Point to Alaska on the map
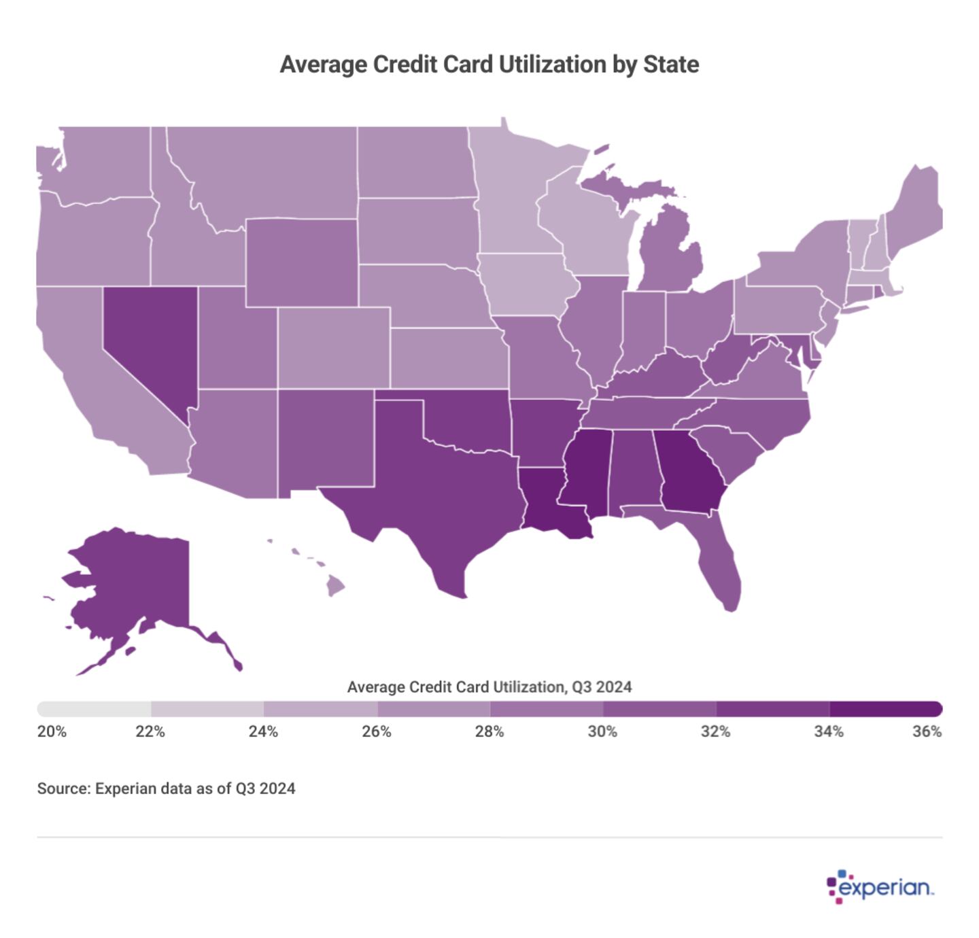pyautogui.click(x=136, y=585)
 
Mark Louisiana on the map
pyautogui.click(x=544, y=506)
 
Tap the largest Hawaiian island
pyautogui.click(x=335, y=585)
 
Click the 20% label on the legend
pyautogui.click(x=52, y=731)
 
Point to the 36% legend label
pyautogui.click(x=927, y=731)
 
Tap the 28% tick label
pyautogui.click(x=489, y=731)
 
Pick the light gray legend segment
pyautogui.click(x=95, y=709)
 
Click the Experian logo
pyautogui.click(x=880, y=887)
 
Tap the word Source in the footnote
pyautogui.click(x=63, y=788)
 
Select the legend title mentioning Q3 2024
pyautogui.click(x=489, y=687)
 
